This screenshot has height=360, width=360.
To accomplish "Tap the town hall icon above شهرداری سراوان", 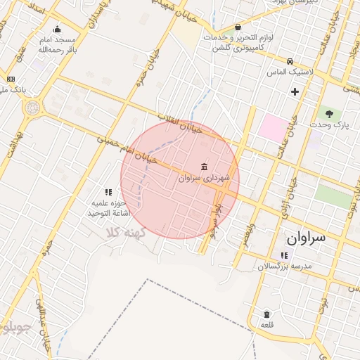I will pos(204,167).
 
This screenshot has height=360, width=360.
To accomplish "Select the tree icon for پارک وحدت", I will pos(328,113).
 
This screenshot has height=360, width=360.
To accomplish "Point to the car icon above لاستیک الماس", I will pos(290,60).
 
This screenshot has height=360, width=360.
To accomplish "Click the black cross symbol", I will pos(295,91).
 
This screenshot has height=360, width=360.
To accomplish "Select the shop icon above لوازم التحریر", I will pos(238,27).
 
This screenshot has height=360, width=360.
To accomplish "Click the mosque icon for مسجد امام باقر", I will pos(57,30).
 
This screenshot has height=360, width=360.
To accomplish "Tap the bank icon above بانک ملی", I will pos(11,79).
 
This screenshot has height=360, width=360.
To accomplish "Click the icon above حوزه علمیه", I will pos(108,191).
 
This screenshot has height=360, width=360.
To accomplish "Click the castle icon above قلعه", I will pos(266,314).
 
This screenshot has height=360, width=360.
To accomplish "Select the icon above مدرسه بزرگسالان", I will pos(284,256).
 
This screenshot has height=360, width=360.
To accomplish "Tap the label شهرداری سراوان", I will pos(204,179).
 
